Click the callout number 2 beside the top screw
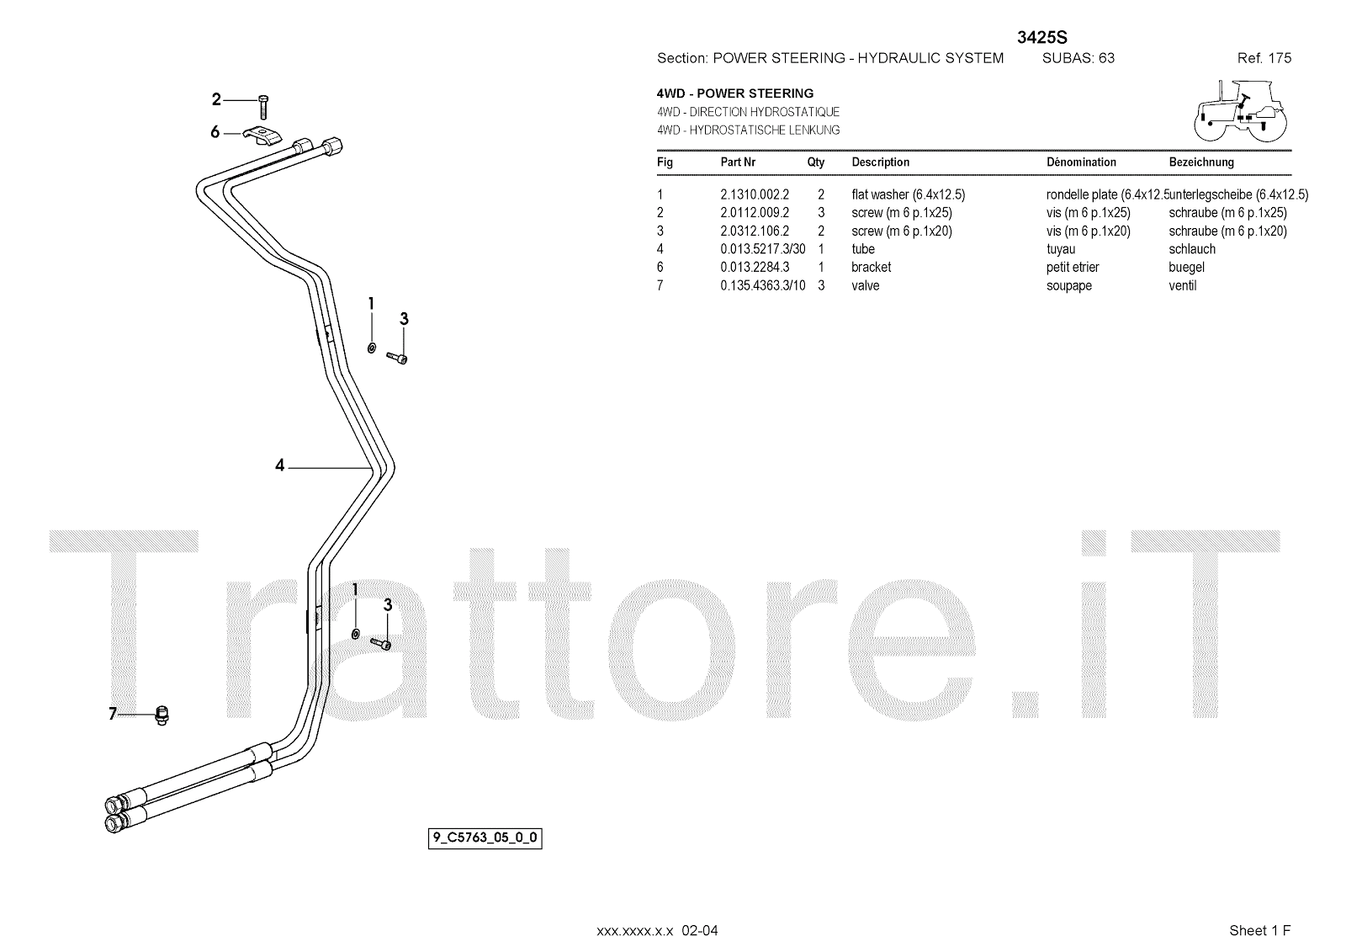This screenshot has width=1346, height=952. [x=216, y=100]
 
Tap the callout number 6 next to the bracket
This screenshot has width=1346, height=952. [x=215, y=132]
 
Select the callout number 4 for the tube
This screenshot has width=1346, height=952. [x=280, y=465]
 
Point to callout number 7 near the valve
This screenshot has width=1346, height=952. [x=114, y=715]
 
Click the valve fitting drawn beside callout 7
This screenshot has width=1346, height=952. [x=162, y=715]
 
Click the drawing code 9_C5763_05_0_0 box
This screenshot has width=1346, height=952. [x=485, y=838]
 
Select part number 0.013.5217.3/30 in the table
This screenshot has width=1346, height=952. [x=762, y=249]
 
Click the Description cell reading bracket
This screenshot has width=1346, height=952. [x=871, y=267]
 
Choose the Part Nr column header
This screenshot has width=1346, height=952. [x=738, y=162]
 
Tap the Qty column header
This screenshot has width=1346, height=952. [x=816, y=162]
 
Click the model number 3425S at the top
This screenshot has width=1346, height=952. [x=1042, y=36]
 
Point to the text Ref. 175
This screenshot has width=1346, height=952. [x=1264, y=58]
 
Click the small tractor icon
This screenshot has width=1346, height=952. [x=1241, y=109]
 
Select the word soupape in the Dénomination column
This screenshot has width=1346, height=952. [x=1069, y=285]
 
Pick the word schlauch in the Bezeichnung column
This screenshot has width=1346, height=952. [x=1192, y=249]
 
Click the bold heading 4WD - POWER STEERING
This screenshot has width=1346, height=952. [x=735, y=93]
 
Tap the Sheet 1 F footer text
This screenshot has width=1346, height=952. [x=1259, y=930]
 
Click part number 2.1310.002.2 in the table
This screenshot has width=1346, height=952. [x=755, y=194]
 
